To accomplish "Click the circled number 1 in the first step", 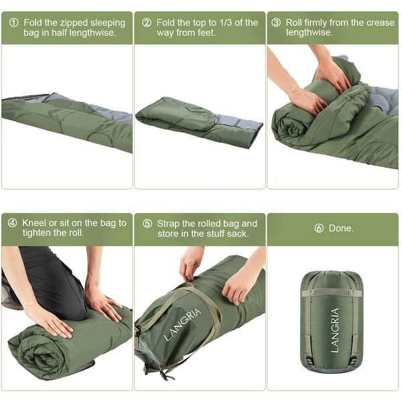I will click(x=13, y=23).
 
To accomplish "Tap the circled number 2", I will click(x=147, y=23).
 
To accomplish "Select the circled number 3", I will click(x=276, y=23).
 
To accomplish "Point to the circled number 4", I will click(x=13, y=223).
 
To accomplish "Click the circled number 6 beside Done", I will click(x=319, y=228).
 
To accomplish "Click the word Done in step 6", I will click(x=342, y=228).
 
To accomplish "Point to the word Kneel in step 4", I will click(x=35, y=223).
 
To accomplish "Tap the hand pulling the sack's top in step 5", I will click(x=191, y=263).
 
